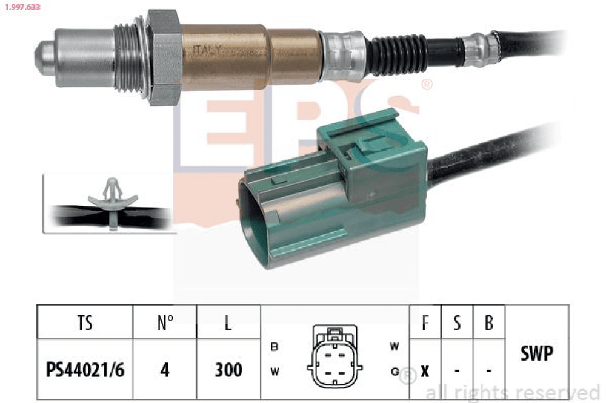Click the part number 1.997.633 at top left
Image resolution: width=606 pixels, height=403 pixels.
(x=22, y=7)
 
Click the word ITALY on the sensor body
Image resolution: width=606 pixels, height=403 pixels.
(x=207, y=50)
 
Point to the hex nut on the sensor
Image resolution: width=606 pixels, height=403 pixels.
(x=164, y=57)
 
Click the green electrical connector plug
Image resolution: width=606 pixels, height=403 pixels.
(x=332, y=189)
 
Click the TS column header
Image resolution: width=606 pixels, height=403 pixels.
(x=85, y=323)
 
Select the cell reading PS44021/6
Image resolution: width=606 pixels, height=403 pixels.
(x=85, y=370)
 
